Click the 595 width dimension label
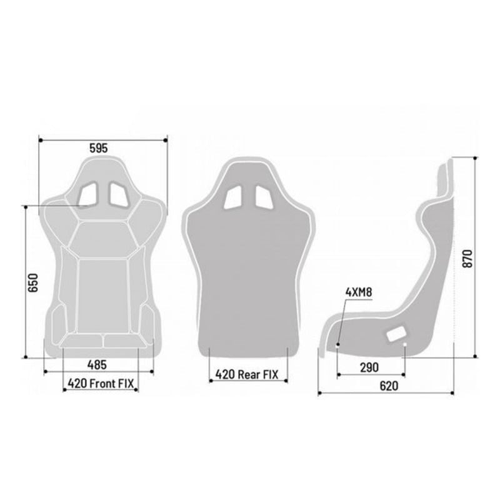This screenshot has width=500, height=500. pyautogui.click(x=99, y=148)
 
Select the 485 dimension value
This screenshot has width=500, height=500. pyautogui.click(x=96, y=364)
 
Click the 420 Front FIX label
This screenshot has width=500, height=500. pyautogui.click(x=101, y=383)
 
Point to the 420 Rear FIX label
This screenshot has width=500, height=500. pyautogui.click(x=247, y=374)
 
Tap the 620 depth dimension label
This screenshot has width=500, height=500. pyautogui.click(x=388, y=386)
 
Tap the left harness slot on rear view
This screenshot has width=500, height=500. pyautogui.click(x=234, y=197)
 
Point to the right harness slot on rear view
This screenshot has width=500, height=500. pyautogui.click(x=264, y=197)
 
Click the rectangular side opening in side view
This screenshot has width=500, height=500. pyautogui.click(x=396, y=334)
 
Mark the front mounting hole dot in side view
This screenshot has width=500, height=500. pyautogui.click(x=338, y=344)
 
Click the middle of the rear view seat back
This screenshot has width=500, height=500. pyautogui.click(x=249, y=275)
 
